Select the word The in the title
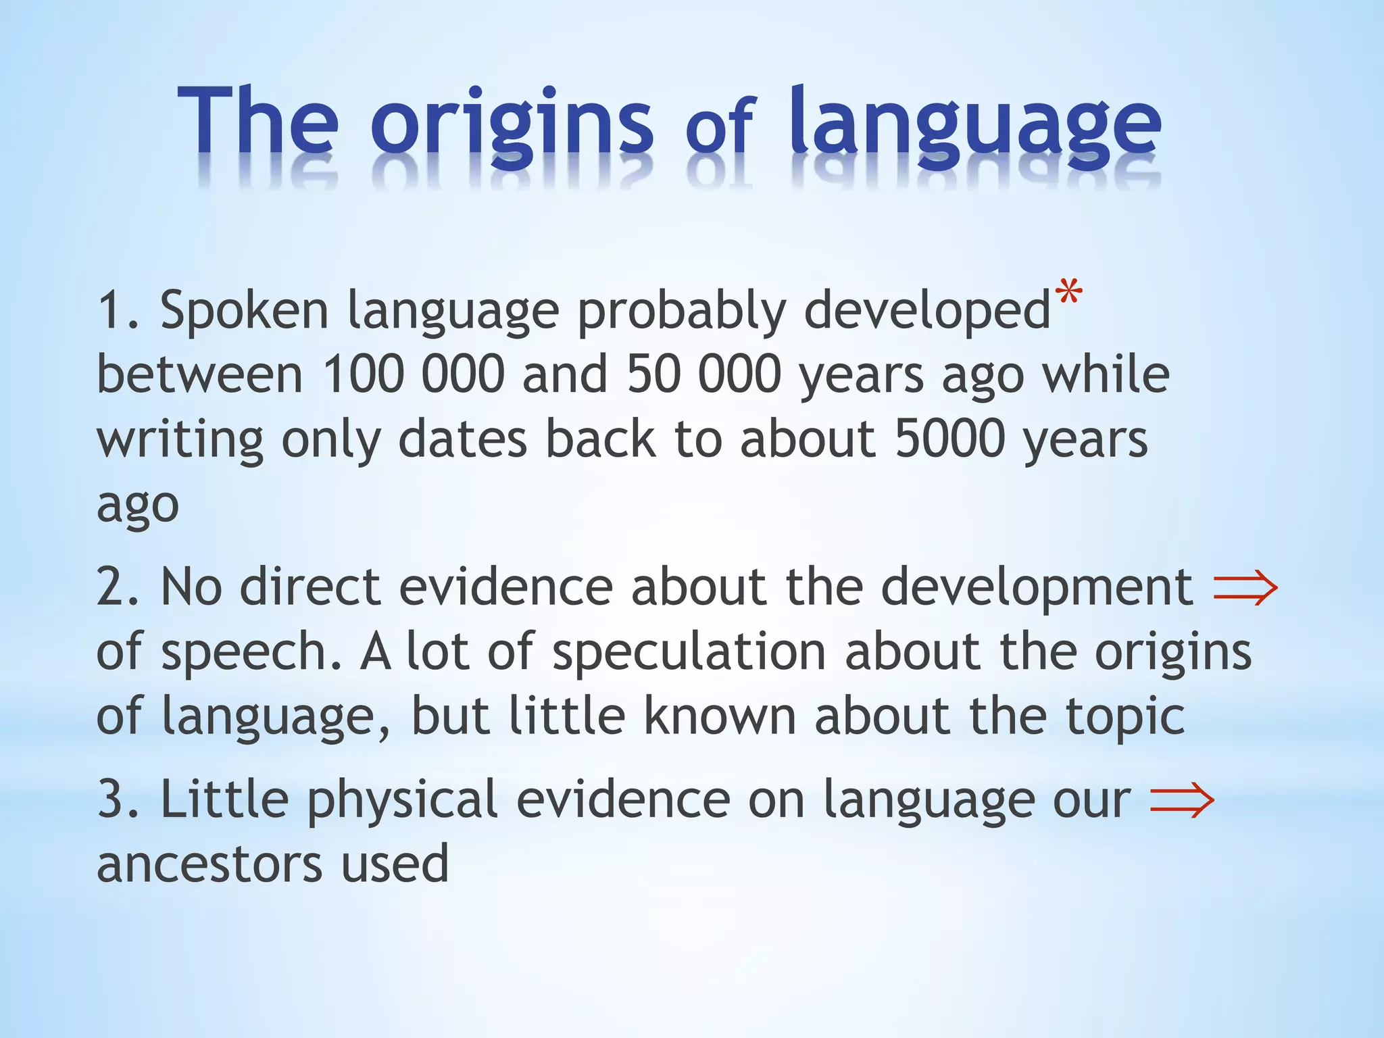tap(257, 122)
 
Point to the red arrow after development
tap(1245, 587)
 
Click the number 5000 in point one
tap(949, 439)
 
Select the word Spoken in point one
tap(244, 311)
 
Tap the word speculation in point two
tap(689, 652)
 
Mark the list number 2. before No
tap(118, 587)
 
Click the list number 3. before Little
tap(118, 799)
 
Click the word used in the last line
tap(395, 864)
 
